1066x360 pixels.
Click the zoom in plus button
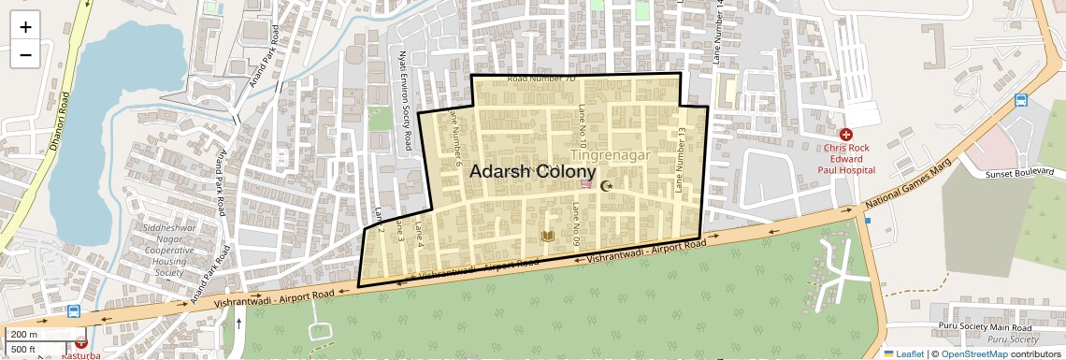(25, 26)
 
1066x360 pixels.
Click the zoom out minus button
(25, 54)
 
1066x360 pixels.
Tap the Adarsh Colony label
(532, 172)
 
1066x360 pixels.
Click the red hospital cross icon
(846, 135)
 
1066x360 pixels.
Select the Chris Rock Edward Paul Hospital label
(848, 159)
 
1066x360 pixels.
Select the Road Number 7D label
(541, 79)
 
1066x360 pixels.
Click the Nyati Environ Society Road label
(406, 101)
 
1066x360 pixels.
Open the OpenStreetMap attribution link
(974, 353)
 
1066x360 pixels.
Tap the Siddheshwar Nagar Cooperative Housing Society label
(169, 250)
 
